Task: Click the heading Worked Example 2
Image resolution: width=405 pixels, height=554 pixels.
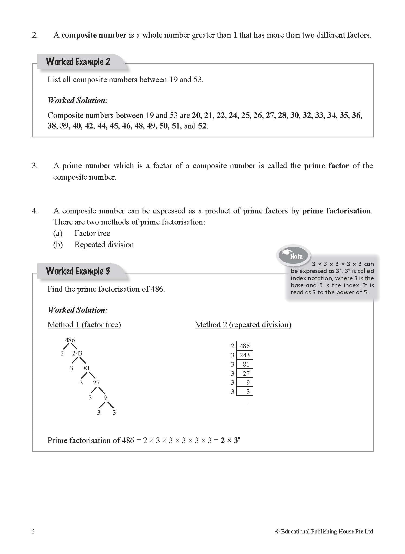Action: click(78, 62)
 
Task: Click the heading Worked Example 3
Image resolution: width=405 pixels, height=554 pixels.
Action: click(78, 271)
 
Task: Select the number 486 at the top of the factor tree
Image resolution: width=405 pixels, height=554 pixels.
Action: click(70, 340)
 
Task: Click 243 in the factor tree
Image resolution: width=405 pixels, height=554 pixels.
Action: click(77, 353)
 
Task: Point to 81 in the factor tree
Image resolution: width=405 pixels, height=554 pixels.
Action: click(87, 368)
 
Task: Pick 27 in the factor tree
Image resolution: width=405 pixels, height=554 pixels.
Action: click(96, 383)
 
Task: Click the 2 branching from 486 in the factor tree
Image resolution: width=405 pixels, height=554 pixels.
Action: click(62, 353)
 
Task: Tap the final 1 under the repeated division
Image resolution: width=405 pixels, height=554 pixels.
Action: click(248, 401)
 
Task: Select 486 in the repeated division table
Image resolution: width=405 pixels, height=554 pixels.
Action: click(245, 346)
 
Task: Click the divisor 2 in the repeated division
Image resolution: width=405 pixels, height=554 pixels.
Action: click(232, 346)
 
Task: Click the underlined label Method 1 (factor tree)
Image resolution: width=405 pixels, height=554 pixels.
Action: click(84, 325)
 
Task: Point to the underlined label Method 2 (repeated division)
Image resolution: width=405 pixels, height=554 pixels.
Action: click(243, 325)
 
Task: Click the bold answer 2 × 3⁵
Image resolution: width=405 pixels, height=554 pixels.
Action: click(230, 440)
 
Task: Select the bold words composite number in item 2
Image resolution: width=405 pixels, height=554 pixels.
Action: click(94, 35)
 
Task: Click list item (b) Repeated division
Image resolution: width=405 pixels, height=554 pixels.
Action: click(104, 245)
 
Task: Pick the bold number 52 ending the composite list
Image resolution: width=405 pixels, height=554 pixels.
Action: click(202, 126)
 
